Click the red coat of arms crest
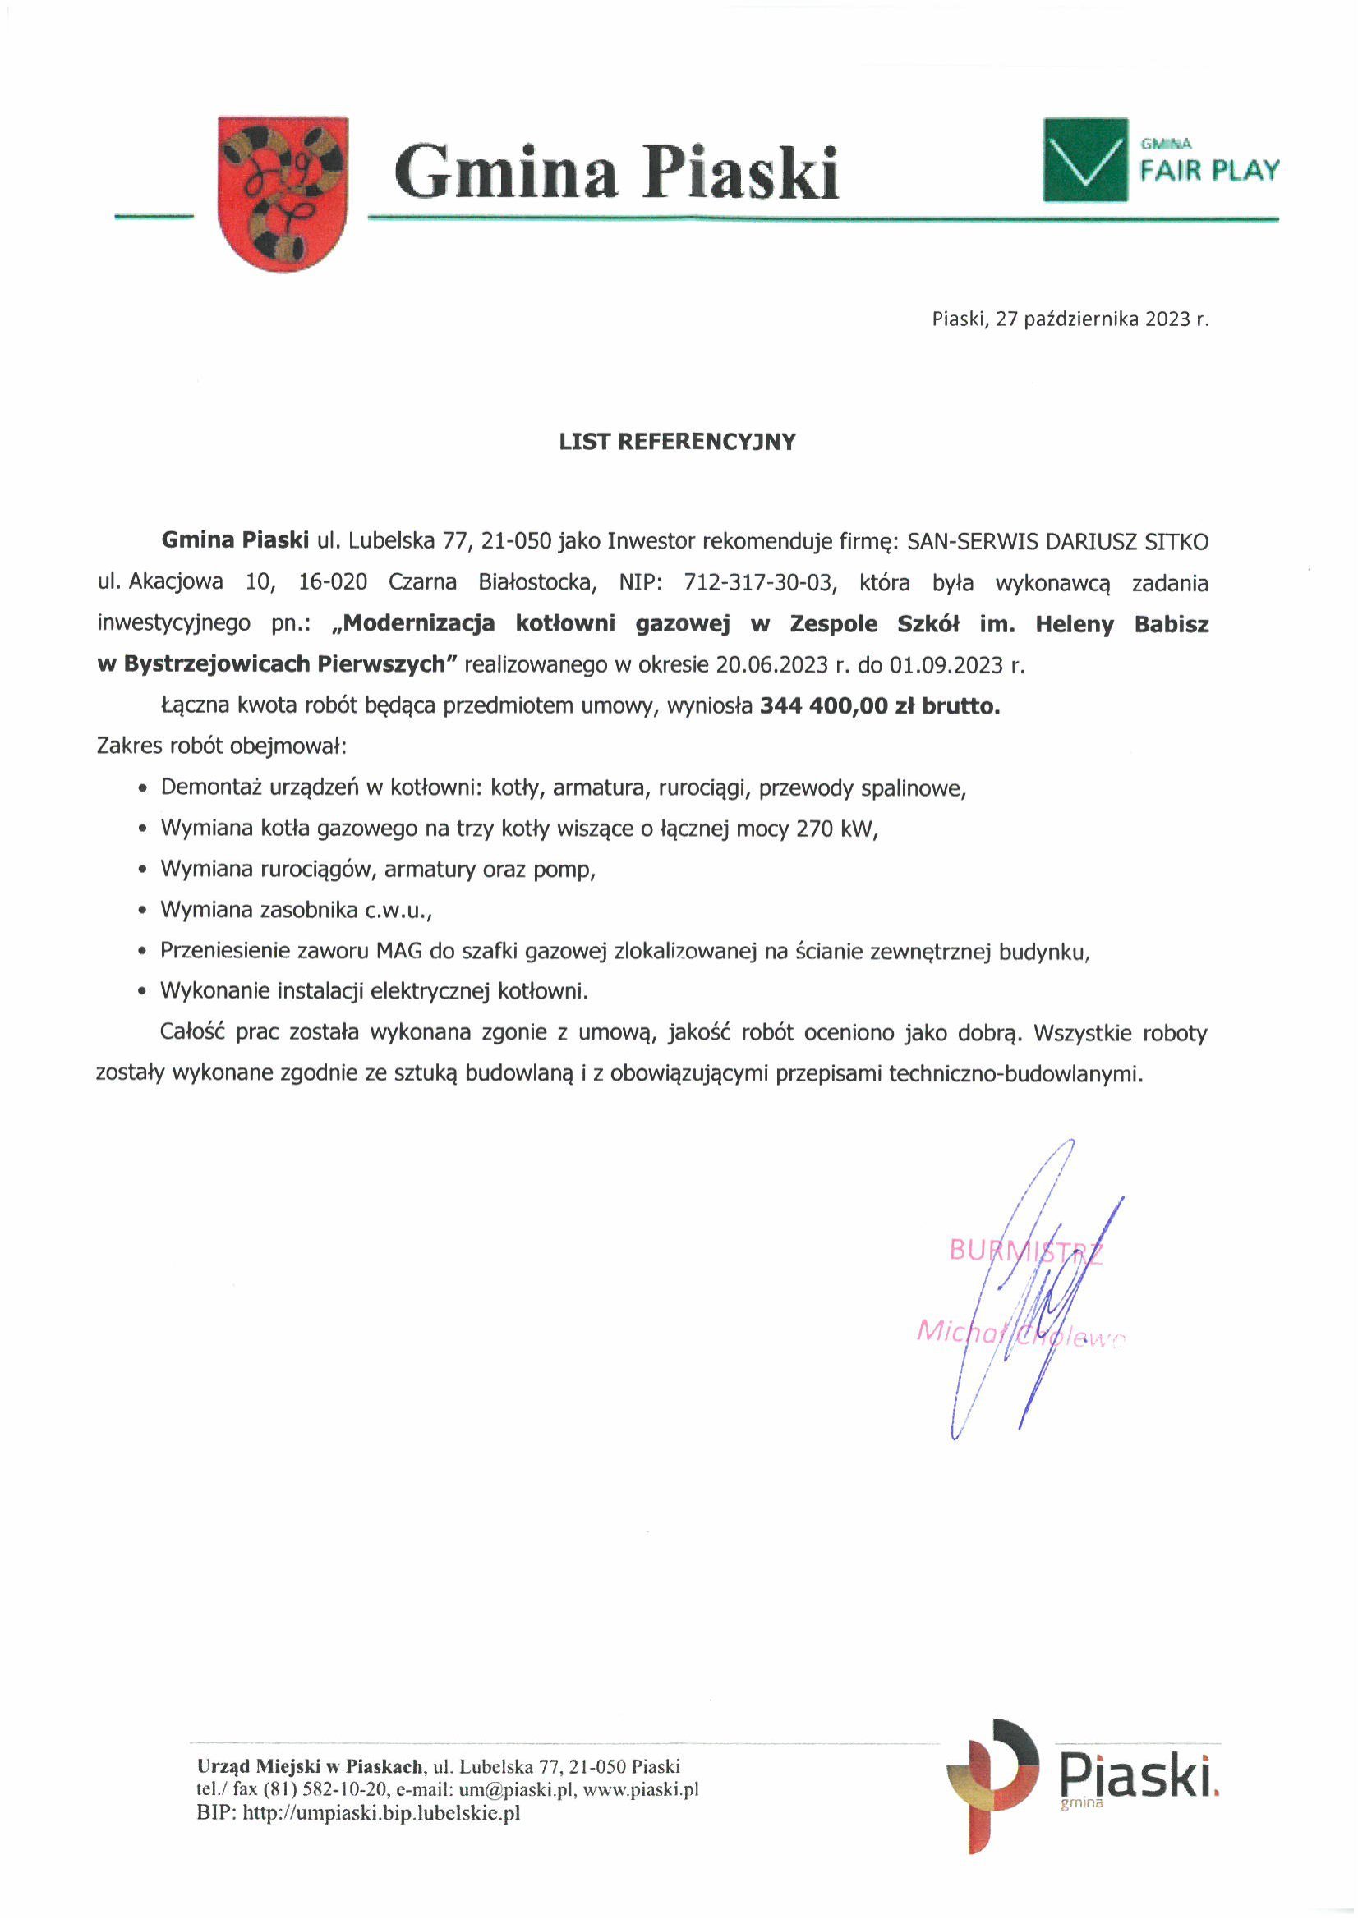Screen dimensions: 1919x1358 283,193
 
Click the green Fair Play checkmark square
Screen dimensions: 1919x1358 1084,160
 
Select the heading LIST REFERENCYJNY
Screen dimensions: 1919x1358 677,441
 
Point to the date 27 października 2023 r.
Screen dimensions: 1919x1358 1102,319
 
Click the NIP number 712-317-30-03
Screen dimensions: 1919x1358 759,581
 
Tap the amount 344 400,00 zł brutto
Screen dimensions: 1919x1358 880,706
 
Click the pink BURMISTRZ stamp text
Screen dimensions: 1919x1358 1025,1251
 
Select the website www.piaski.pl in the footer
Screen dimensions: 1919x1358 641,1790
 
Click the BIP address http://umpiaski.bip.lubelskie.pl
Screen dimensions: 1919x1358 381,1813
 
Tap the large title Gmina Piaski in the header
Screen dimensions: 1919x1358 616,172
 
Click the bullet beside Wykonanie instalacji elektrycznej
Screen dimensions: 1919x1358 144,992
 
